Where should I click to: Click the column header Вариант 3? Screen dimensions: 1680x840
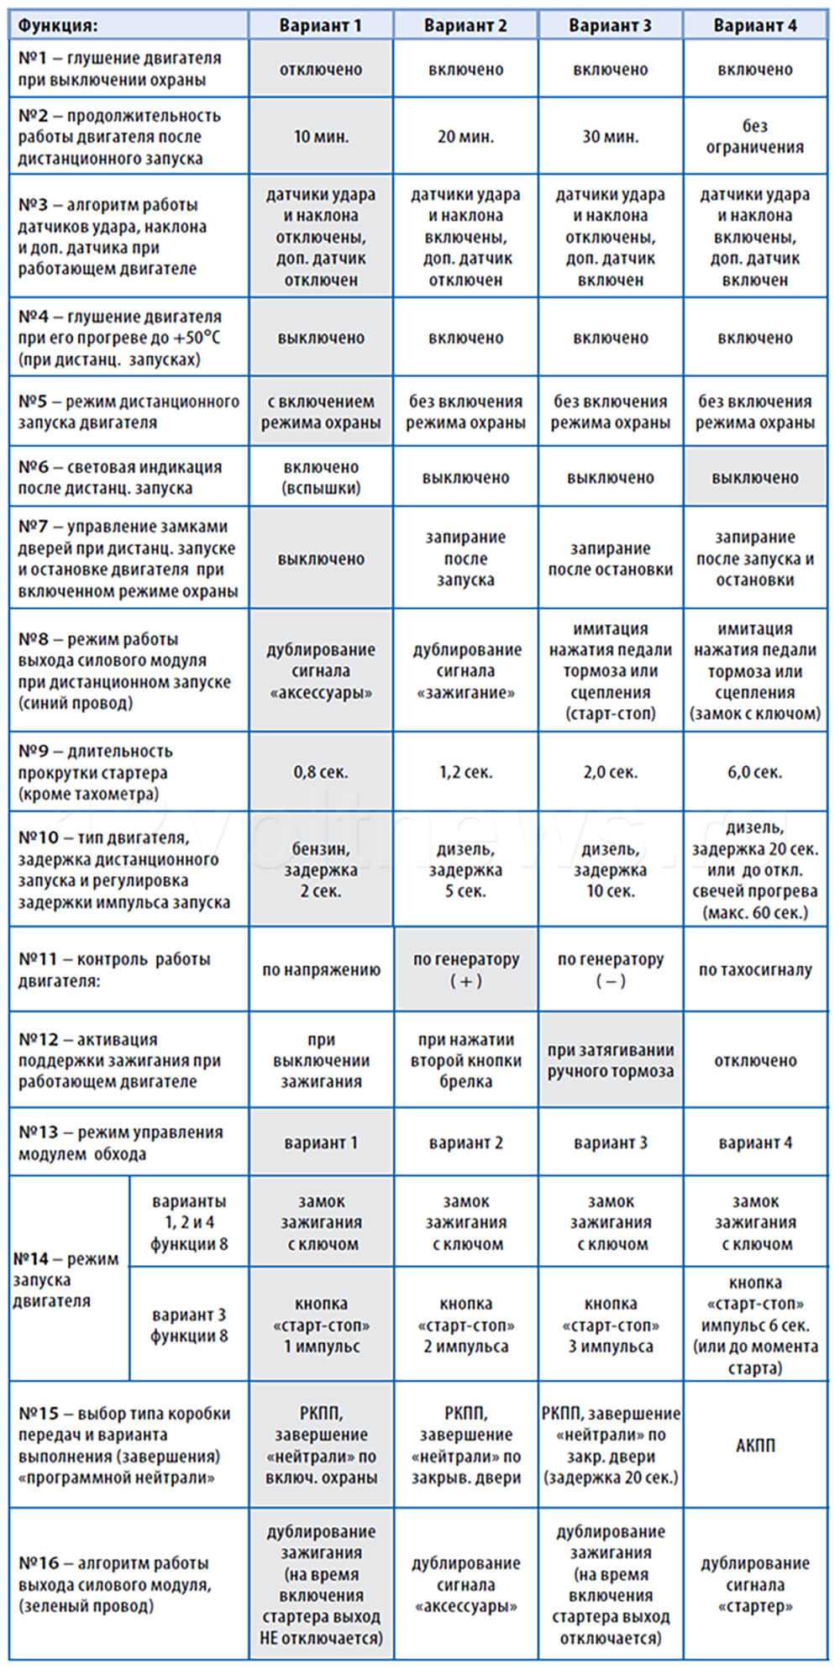pyautogui.click(x=610, y=25)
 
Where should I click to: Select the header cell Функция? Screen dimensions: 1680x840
pyautogui.click(x=129, y=25)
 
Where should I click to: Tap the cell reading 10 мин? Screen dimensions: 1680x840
pyautogui.click(x=321, y=136)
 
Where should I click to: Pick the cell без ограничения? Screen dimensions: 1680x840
pyautogui.click(x=754, y=136)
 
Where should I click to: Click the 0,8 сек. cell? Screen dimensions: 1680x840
pyautogui.click(x=321, y=772)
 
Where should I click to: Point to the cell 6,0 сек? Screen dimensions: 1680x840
pyautogui.click(x=754, y=772)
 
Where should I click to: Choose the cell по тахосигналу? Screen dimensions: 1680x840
pyautogui.click(x=754, y=969)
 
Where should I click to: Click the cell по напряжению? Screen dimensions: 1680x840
pyautogui.click(x=321, y=969)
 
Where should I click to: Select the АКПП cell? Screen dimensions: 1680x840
pyautogui.click(x=754, y=1445)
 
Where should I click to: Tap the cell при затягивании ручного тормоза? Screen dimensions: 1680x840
pyautogui.click(x=610, y=1060)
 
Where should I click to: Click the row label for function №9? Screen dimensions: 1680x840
pyautogui.click(x=129, y=772)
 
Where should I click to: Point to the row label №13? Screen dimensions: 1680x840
pyautogui.click(x=129, y=1142)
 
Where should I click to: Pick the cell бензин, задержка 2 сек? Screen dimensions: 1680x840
pyautogui.click(x=321, y=869)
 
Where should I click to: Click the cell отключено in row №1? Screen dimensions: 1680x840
pyautogui.click(x=321, y=69)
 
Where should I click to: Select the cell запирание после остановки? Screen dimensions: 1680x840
pyautogui.click(x=610, y=559)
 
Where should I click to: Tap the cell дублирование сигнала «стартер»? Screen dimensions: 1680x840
pyautogui.click(x=754, y=1584)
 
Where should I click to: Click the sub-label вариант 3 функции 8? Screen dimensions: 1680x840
pyautogui.click(x=189, y=1325)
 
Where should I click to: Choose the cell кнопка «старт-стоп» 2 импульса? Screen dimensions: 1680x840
pyautogui.click(x=465, y=1325)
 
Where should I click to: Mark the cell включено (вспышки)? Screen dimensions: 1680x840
pyautogui.click(x=321, y=477)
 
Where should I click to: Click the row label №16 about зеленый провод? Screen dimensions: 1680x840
pyautogui.click(x=129, y=1584)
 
